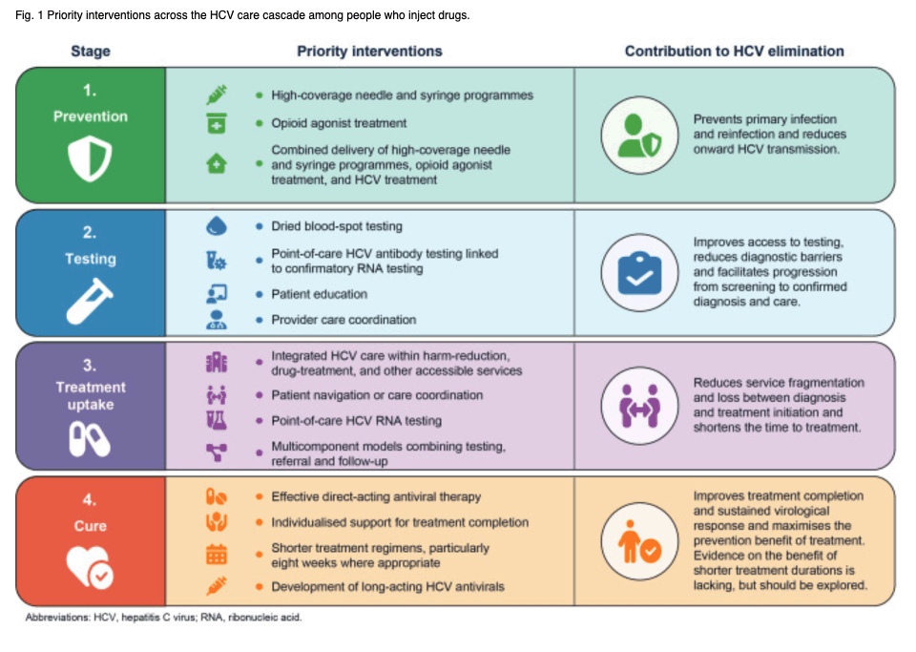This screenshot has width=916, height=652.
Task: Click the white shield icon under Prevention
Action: (90, 158)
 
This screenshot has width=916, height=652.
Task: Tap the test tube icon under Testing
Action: (90, 301)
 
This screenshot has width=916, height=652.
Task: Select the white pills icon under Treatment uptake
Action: (90, 439)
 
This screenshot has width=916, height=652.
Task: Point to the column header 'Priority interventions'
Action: (369, 52)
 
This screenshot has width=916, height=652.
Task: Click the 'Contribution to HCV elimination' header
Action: (735, 52)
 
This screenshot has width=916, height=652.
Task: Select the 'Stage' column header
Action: (91, 52)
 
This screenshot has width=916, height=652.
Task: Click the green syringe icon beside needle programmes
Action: (217, 95)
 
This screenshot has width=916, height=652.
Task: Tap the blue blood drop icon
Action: (217, 226)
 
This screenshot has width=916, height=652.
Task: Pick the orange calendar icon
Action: (217, 555)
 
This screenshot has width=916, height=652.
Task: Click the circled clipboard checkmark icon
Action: (639, 273)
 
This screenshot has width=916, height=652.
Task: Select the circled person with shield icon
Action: (639, 135)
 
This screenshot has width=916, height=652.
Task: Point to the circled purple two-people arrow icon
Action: (639, 406)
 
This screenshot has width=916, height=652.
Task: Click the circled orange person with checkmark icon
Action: (639, 541)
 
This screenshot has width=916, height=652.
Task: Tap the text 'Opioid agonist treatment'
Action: (339, 123)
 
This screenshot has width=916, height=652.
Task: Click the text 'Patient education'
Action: (319, 294)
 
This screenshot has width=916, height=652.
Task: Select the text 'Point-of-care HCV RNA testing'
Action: (356, 421)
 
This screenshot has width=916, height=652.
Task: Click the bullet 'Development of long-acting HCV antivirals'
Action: (387, 586)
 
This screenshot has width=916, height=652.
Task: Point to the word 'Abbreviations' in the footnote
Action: (57, 618)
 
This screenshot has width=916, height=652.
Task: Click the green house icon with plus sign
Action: (217, 163)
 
